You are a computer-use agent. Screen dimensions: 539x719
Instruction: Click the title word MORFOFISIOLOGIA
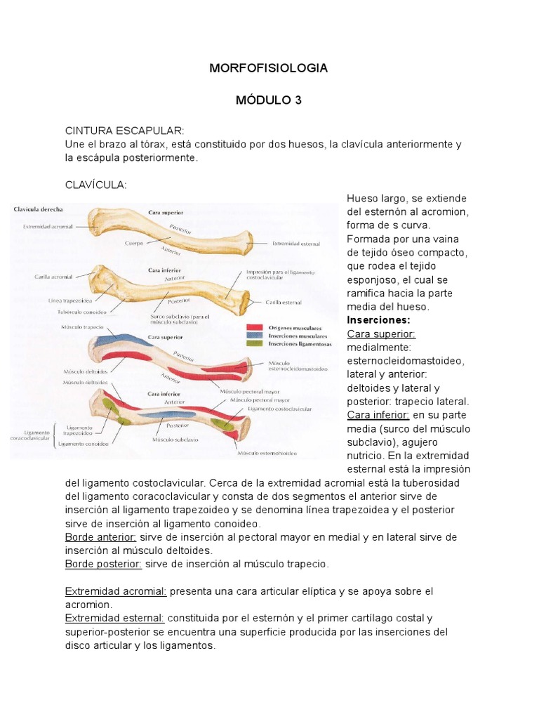(269, 68)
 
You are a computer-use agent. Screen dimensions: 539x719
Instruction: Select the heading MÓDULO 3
(269, 100)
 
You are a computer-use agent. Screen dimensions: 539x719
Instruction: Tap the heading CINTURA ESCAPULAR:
(124, 131)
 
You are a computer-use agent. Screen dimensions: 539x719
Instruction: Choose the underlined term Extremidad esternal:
(115, 618)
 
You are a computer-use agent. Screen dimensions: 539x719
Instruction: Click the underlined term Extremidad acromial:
(116, 591)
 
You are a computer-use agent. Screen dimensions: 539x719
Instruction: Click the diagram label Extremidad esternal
(296, 244)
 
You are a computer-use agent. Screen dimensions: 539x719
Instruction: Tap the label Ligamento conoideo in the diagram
(83, 444)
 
